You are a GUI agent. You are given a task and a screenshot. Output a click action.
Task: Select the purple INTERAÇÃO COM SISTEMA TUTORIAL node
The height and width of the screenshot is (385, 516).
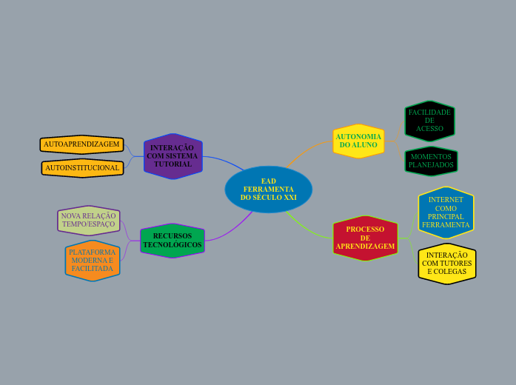(172, 156)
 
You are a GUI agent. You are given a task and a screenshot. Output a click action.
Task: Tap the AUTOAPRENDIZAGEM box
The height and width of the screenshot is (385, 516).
(81, 144)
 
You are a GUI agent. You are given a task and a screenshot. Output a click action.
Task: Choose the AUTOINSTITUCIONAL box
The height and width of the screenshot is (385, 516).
(82, 168)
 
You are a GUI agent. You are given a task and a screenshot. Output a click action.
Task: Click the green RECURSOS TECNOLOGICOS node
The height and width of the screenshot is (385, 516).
(172, 241)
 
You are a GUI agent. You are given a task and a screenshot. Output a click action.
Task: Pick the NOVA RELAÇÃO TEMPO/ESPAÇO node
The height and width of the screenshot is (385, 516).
(89, 220)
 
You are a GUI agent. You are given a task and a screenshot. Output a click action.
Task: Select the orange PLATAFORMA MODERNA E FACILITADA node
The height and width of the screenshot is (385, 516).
(93, 261)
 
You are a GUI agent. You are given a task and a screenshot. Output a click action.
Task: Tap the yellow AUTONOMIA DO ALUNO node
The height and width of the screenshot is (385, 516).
(358, 141)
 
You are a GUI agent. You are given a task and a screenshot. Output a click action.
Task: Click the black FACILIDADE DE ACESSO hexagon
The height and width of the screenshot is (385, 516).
(429, 121)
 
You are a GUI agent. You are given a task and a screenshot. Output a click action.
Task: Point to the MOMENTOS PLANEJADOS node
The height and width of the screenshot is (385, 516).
(431, 161)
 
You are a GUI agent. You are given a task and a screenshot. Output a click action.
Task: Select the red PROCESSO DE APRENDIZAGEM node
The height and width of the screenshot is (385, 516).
(365, 238)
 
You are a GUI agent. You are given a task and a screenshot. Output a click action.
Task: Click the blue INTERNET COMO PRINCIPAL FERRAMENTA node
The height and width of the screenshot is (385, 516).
(446, 212)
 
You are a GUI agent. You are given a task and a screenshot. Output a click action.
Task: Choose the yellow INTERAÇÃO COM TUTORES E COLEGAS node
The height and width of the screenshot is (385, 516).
(446, 264)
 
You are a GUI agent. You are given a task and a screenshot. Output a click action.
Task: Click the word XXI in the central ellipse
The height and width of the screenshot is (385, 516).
(290, 198)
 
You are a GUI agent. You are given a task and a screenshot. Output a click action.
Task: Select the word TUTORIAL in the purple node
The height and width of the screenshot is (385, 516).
(172, 164)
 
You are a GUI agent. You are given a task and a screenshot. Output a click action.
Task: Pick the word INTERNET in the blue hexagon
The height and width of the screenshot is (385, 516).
(446, 200)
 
